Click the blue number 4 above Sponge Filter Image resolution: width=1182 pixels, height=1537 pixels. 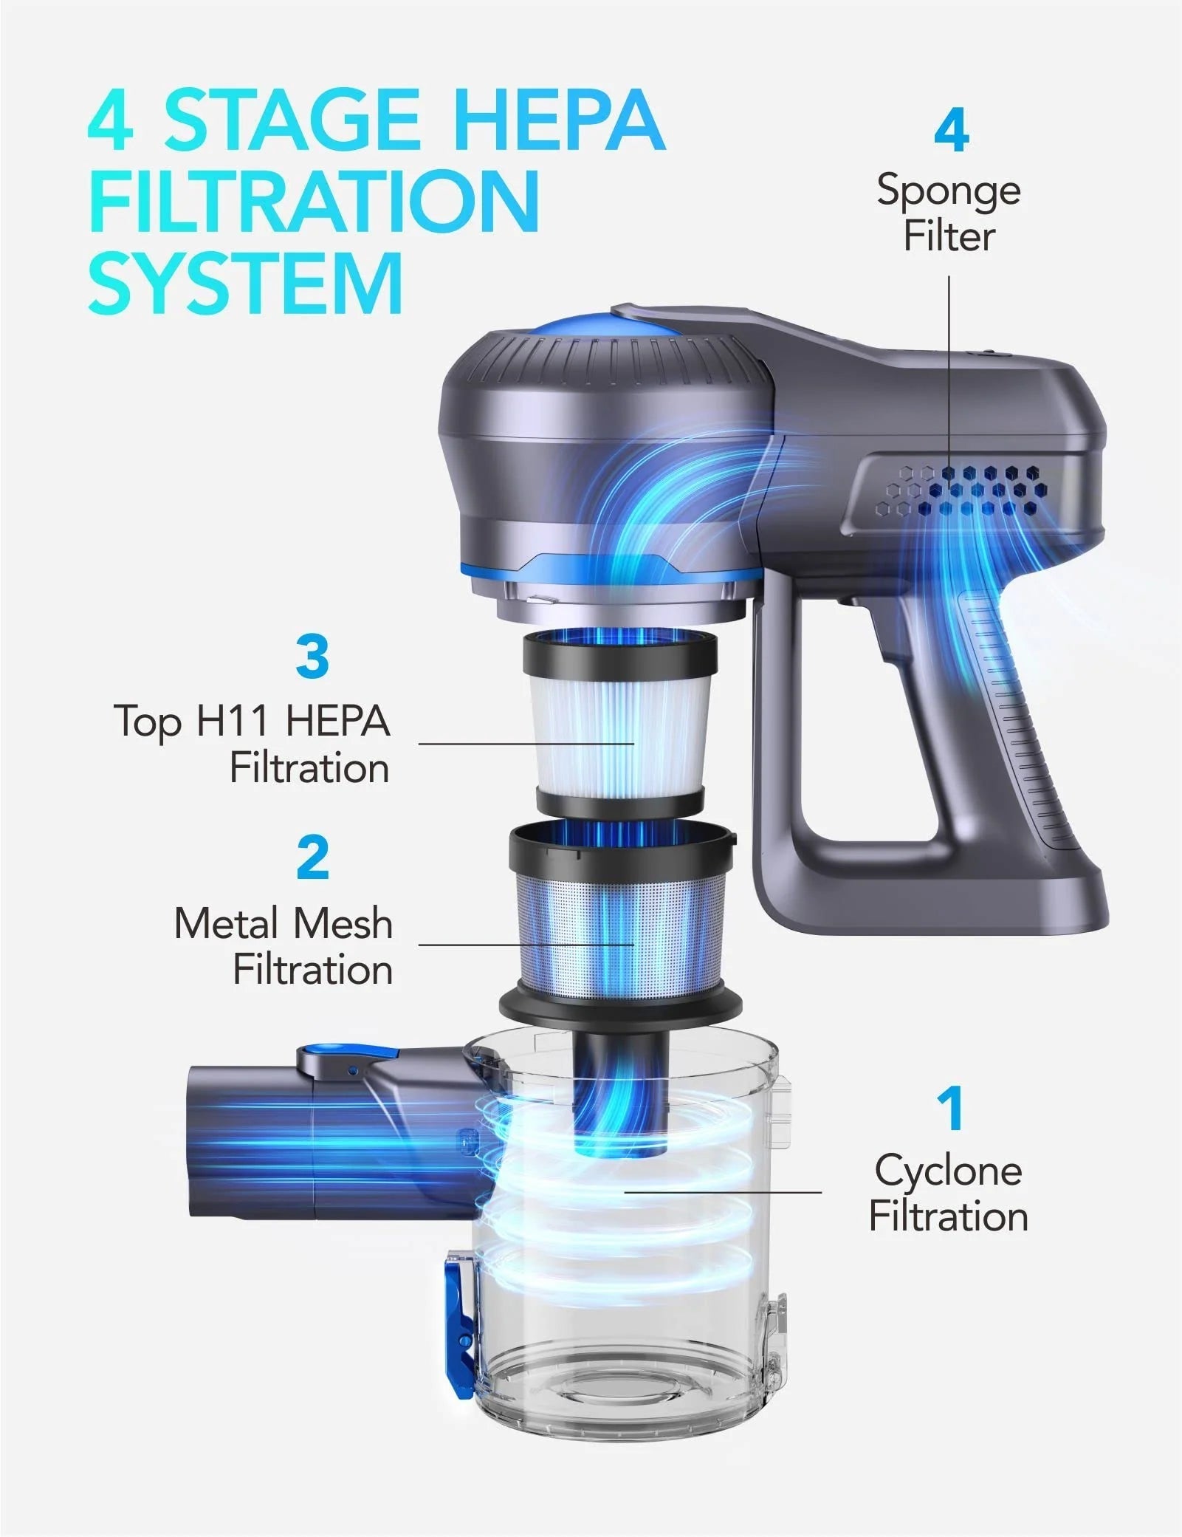951,132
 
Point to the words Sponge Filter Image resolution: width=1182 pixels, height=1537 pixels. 949,213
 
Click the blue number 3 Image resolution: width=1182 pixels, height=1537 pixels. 312,657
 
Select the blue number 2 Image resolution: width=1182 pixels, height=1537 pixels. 312,857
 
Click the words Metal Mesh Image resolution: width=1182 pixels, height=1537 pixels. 283,923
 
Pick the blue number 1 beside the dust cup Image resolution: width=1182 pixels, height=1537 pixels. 951,1108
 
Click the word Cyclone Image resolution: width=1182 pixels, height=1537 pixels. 948,1171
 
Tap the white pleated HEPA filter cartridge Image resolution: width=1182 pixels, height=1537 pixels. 619,731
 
